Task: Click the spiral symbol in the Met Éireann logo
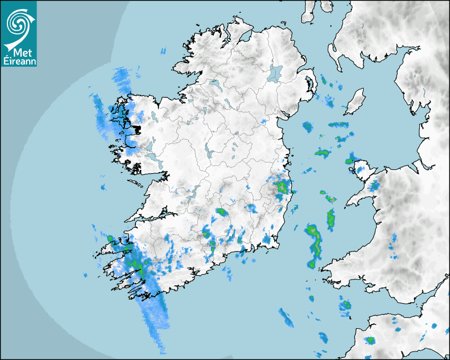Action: click(17, 23)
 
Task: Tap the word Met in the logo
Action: click(20, 53)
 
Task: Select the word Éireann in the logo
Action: click(18, 61)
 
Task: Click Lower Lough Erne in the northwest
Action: click(214, 83)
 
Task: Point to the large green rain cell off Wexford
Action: click(313, 238)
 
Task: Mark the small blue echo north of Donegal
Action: click(163, 51)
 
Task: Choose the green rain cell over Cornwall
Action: click(370, 340)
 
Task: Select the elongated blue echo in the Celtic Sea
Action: click(286, 317)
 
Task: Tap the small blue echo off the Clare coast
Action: click(103, 187)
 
